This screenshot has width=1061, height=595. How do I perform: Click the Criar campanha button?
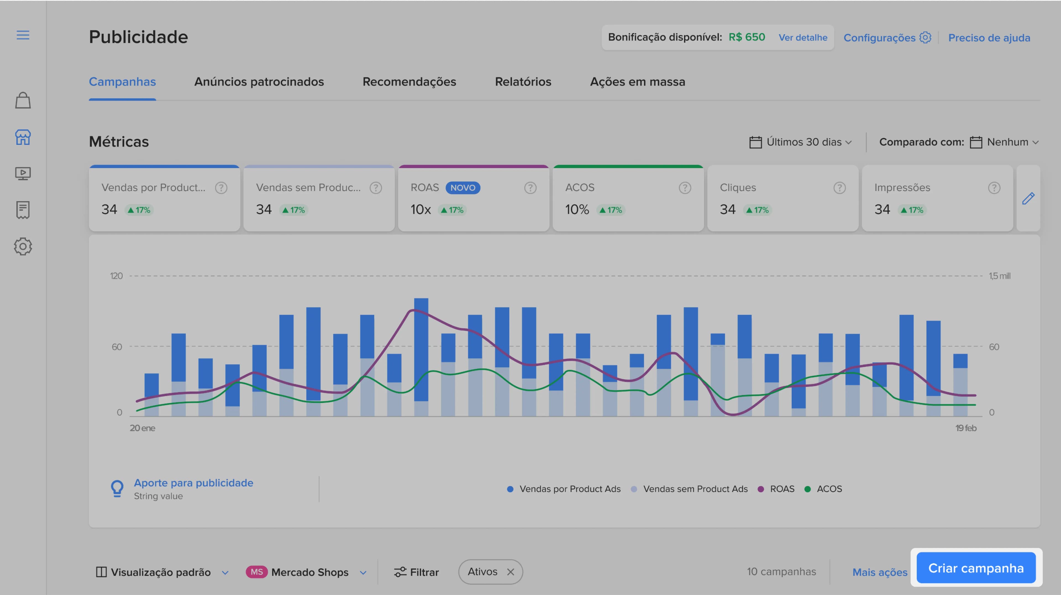click(976, 568)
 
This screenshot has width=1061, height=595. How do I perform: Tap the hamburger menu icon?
click(23, 35)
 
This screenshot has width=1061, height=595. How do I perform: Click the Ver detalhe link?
click(803, 38)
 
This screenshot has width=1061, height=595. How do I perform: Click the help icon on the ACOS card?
click(685, 188)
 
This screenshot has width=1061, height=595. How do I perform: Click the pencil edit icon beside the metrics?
click(1028, 198)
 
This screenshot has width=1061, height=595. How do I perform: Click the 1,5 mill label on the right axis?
click(1000, 276)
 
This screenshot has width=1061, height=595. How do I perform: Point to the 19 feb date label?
click(966, 428)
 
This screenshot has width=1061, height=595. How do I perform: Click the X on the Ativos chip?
click(511, 572)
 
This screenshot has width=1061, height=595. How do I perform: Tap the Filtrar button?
click(416, 572)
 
